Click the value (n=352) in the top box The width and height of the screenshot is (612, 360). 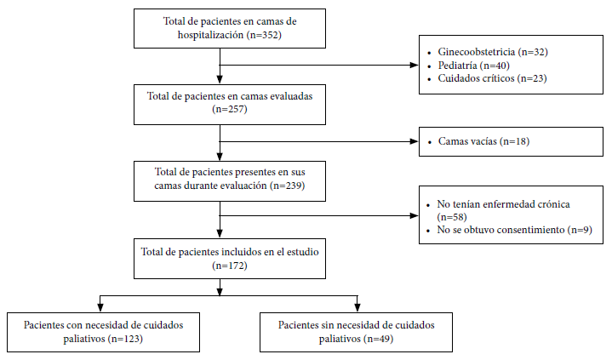tap(264, 35)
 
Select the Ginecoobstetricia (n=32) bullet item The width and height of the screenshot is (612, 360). tap(493, 52)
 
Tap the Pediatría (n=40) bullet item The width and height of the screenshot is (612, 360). tap(473, 66)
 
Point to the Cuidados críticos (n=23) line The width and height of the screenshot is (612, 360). tap(492, 78)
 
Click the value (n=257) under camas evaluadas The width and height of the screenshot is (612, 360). tap(230, 109)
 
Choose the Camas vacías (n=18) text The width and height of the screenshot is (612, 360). tap(483, 141)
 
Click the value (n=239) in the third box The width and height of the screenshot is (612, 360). tap(287, 186)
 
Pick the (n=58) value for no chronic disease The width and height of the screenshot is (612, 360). tap(452, 217)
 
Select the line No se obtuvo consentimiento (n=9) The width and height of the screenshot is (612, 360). tap(514, 230)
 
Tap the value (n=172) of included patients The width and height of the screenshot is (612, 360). tap(230, 266)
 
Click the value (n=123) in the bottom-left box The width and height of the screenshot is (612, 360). tap(125, 339)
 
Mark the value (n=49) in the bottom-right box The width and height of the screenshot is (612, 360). tap(378, 339)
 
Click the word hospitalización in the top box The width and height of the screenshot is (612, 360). tap(211, 35)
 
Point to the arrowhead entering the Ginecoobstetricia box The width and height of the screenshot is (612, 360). tap(415, 66)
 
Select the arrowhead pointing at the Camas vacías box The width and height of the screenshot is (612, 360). tap(415, 141)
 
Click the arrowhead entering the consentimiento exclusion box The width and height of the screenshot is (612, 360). tap(415, 215)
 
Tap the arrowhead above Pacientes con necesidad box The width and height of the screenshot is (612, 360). tap(100, 308)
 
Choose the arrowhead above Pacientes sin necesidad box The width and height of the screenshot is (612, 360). tap(357, 308)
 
